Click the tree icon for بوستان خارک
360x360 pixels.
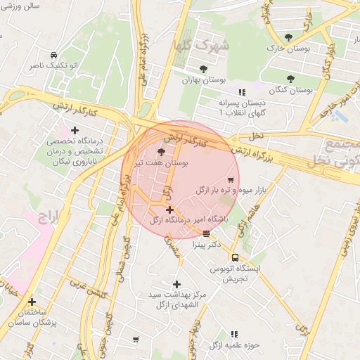[288, 37]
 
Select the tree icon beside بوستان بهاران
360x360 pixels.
[203, 70]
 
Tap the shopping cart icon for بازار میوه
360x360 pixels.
[231, 181]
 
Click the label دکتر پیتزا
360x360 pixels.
[206, 245]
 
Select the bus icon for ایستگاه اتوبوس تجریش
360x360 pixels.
[235, 257]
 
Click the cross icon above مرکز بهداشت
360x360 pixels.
[176, 284]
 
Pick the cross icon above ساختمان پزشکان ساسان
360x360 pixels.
[32, 302]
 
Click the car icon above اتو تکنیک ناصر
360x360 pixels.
[53, 55]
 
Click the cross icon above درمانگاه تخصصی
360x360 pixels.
[75, 130]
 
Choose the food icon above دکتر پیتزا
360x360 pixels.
[206, 233]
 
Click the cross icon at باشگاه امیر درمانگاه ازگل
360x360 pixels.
[169, 210]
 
